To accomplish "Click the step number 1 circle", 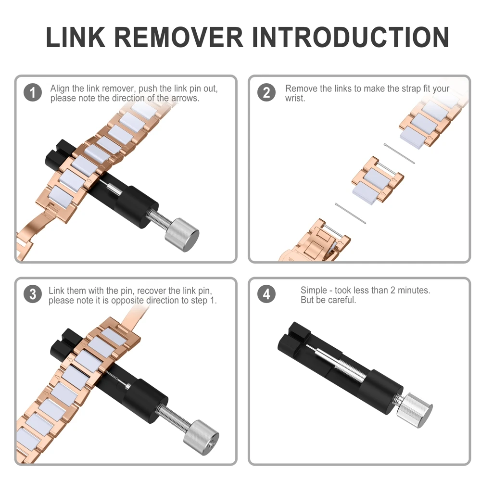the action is [x=33, y=92].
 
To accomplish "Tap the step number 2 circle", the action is [x=266, y=92].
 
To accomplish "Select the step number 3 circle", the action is [x=33, y=294].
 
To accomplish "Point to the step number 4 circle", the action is [x=266, y=294].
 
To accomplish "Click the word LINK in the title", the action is [x=76, y=38].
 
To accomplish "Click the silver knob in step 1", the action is [x=182, y=235].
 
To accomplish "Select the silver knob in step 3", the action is [x=201, y=437].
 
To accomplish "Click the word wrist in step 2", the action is [x=294, y=99].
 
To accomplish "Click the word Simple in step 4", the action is [x=314, y=291].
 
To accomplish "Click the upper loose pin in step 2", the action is [x=399, y=153].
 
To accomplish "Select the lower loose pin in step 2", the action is [x=350, y=214].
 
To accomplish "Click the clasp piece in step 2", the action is [x=315, y=241].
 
